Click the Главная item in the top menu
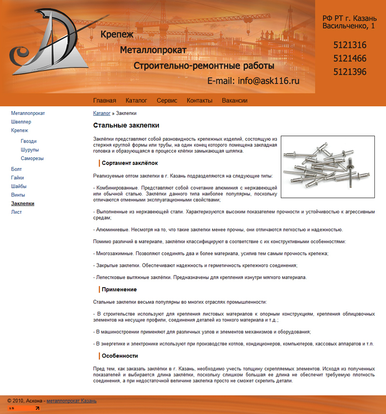pyautogui.click(x=104, y=100)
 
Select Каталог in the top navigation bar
pyautogui.click(x=136, y=100)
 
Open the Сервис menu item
pyautogui.click(x=167, y=100)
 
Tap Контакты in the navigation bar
pyautogui.click(x=199, y=100)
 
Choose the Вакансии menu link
pyautogui.click(x=234, y=100)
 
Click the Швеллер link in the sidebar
pyautogui.click(x=21, y=122)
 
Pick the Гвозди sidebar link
pyautogui.click(x=28, y=141)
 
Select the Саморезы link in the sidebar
pyautogui.click(x=32, y=158)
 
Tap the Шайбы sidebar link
pyautogui.click(x=19, y=186)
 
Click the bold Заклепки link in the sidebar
pyautogui.click(x=23, y=204)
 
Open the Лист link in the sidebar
pyautogui.click(x=16, y=212)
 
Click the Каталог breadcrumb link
pyautogui.click(x=101, y=113)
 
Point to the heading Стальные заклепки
pyautogui.click(x=126, y=125)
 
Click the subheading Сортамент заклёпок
pyautogui.click(x=129, y=163)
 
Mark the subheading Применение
pyautogui.click(x=119, y=290)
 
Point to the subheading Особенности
pyautogui.click(x=120, y=356)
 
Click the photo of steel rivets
pyautogui.click(x=328, y=167)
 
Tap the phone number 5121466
pyautogui.click(x=350, y=59)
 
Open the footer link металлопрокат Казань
pyautogui.click(x=71, y=400)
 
